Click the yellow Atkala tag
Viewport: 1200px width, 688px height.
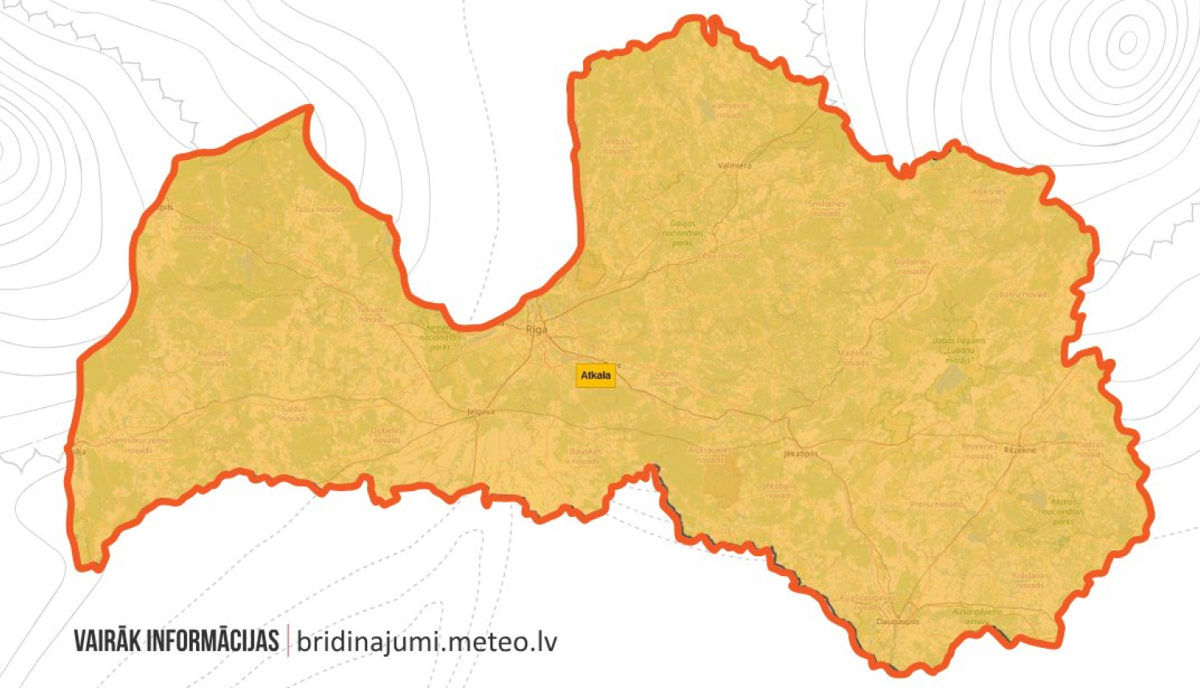[596, 375]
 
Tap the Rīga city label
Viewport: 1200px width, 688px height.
[537, 330]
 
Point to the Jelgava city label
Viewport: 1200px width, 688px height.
[481, 412]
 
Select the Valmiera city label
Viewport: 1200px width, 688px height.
[734, 166]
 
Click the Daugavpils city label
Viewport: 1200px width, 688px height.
[898, 622]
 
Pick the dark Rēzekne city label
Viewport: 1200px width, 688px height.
[1020, 450]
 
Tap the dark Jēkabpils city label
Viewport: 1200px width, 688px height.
[801, 454]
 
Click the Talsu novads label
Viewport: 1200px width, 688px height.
[319, 210]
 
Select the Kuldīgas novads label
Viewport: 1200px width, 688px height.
[214, 358]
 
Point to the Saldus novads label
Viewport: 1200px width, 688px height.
[294, 414]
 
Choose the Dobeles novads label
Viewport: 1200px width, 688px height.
[387, 435]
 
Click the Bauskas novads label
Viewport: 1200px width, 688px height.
[585, 456]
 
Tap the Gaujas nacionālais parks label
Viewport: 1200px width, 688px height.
[682, 233]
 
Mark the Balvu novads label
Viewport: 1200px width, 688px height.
[1024, 295]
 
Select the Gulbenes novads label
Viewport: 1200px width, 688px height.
[911, 266]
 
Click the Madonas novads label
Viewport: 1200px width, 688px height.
[854, 358]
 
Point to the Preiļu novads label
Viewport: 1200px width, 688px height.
[936, 505]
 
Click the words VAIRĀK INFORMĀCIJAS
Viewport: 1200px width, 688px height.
[176, 641]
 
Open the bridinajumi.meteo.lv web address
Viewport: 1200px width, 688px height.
[426, 642]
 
